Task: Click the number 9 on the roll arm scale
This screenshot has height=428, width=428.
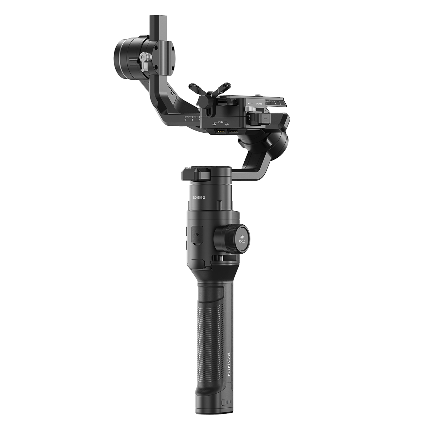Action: click(x=185, y=120)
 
